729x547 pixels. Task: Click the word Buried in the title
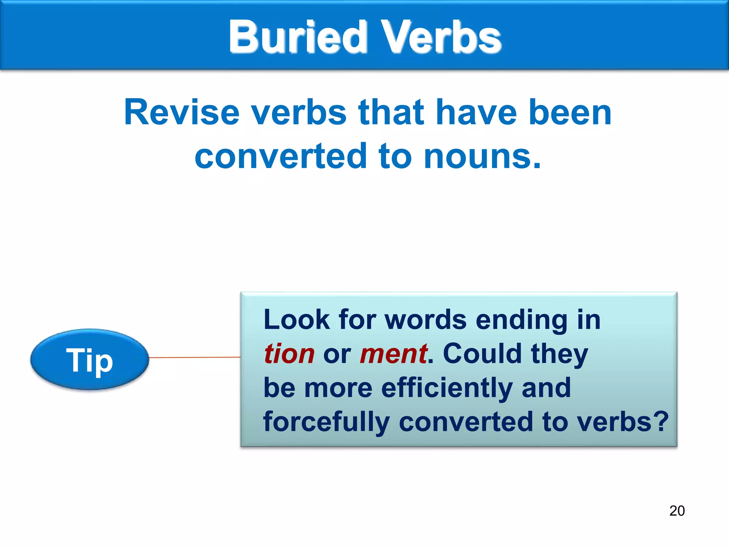[298, 37]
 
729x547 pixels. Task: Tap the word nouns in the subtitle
[482, 156]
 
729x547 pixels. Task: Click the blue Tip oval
[89, 360]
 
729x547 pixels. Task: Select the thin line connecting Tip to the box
[194, 357]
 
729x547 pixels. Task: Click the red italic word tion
[289, 354]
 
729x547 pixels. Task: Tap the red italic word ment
[393, 354]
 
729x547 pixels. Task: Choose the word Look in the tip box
[297, 319]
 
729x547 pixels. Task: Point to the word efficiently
[447, 388]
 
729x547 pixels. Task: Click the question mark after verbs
[661, 421]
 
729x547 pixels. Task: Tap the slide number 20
[677, 511]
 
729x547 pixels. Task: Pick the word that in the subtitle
[391, 113]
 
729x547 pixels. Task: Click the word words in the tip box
[426, 319]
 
